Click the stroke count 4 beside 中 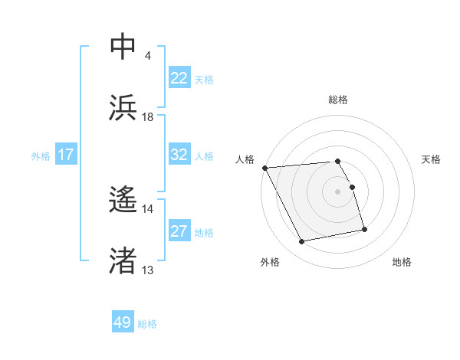(147, 56)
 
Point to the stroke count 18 (148, 117)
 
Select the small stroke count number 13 (148, 270)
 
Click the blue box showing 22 (179, 78)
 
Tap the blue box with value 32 (179, 155)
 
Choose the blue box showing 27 (179, 231)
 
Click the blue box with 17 (66, 155)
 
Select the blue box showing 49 (123, 322)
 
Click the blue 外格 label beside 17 (41, 155)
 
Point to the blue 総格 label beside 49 (147, 324)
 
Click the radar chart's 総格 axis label (338, 100)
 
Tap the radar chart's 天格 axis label (432, 159)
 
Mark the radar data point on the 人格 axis (264, 168)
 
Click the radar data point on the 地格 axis (364, 229)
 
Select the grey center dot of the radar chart (338, 191)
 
